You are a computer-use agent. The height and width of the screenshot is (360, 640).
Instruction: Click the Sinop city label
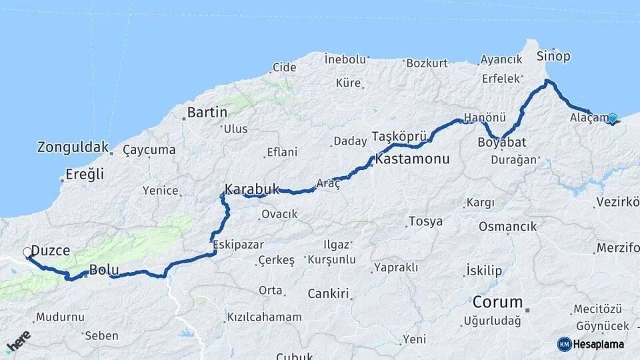click(x=553, y=55)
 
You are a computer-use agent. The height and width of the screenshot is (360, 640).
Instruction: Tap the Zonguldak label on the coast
click(x=73, y=147)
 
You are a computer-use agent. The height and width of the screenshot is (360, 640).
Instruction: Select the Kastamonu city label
click(x=412, y=160)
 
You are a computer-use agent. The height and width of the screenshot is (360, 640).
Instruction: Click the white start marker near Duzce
click(x=27, y=253)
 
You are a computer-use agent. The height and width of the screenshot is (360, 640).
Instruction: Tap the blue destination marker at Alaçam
click(x=612, y=119)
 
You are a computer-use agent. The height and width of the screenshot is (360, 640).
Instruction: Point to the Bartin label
click(x=207, y=112)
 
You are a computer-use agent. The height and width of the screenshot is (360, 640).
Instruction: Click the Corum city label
click(x=497, y=301)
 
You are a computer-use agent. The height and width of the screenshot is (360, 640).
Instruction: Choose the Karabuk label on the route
click(x=251, y=189)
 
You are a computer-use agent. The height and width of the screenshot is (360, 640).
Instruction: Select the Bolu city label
click(x=104, y=271)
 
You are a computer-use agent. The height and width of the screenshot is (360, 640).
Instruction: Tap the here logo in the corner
click(x=18, y=342)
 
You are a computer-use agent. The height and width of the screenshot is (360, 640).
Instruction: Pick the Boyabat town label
click(x=501, y=142)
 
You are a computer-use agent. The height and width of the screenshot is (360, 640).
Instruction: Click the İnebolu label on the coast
click(x=345, y=59)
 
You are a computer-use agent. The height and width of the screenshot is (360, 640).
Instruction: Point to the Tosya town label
click(x=425, y=221)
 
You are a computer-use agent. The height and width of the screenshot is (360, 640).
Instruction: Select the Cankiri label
click(x=329, y=293)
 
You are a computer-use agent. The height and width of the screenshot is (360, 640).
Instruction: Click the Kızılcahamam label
click(x=264, y=317)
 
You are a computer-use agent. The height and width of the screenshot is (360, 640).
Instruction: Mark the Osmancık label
click(x=507, y=227)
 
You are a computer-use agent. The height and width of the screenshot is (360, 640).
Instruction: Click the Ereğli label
click(x=85, y=175)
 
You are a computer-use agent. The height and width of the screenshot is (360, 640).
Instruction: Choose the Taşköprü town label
click(x=398, y=135)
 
